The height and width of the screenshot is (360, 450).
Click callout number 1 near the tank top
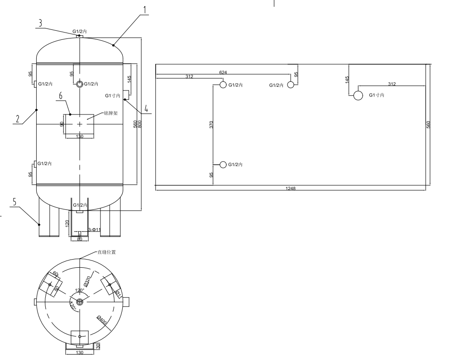tap(144, 9)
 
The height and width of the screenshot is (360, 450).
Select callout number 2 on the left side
tap(17, 119)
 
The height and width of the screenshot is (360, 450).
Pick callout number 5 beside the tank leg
tap(14, 202)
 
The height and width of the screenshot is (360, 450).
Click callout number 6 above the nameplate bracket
tap(61, 95)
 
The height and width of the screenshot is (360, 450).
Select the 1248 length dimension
tap(291, 188)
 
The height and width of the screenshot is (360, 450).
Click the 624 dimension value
tap(223, 72)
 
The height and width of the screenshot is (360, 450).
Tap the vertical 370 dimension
tap(211, 125)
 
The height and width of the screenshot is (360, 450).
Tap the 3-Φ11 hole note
tap(95, 230)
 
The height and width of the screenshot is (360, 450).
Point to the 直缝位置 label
tap(107, 252)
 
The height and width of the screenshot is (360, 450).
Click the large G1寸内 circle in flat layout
tap(358, 95)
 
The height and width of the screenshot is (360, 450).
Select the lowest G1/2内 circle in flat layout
tap(223, 164)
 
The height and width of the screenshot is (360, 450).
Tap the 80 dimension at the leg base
tap(79, 238)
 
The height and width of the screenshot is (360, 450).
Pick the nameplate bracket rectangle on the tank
tap(79, 123)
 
